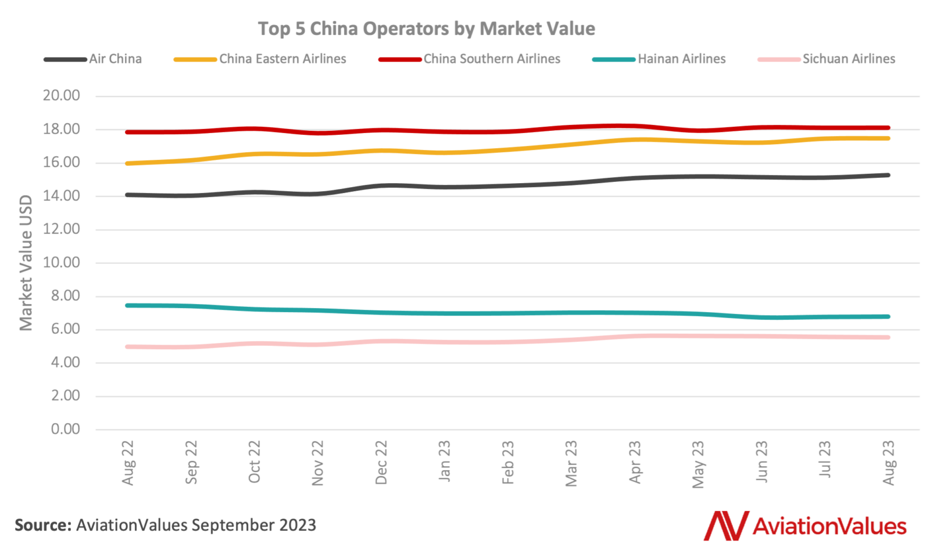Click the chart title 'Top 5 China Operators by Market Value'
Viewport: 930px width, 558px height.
pos(426,28)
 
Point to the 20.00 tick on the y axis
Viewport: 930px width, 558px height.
pos(61,95)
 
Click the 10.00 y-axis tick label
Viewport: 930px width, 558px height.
pos(61,262)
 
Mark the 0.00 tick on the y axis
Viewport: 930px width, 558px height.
pos(65,429)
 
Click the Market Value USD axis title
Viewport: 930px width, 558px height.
pos(26,263)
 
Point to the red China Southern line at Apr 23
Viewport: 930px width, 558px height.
pos(635,126)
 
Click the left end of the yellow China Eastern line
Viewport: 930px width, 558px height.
pos(127,163)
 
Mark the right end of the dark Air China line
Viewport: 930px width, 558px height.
pos(888,175)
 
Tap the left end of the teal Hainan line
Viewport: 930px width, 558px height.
pos(127,305)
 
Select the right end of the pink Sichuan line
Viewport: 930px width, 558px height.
pos(888,337)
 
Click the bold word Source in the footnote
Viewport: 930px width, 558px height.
pos(42,525)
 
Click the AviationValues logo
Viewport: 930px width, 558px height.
pos(805,525)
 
